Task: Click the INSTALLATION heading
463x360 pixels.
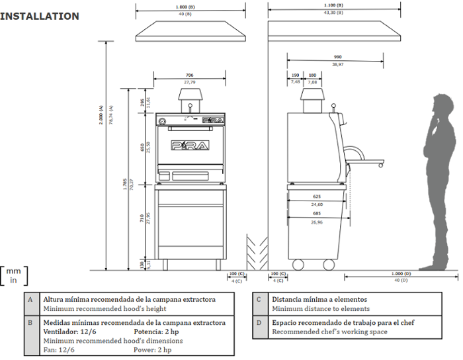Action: pyautogui.click(x=40, y=16)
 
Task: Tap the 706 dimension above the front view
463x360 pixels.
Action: pyautogui.click(x=190, y=75)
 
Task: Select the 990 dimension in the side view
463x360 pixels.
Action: pyautogui.click(x=337, y=57)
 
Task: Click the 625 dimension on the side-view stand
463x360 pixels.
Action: pyautogui.click(x=317, y=197)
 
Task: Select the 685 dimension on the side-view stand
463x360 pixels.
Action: pyautogui.click(x=317, y=213)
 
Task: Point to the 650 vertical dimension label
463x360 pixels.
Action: pyautogui.click(x=142, y=148)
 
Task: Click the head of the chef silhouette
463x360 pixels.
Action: pyautogui.click(x=441, y=107)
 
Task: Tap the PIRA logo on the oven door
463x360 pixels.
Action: pyautogui.click(x=189, y=146)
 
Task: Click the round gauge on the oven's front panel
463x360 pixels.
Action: pyautogui.click(x=163, y=120)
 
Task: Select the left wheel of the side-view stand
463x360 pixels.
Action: pyautogui.click(x=298, y=265)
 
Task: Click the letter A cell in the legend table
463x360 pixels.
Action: pyautogui.click(x=30, y=299)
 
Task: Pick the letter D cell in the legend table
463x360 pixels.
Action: pyautogui.click(x=260, y=322)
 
